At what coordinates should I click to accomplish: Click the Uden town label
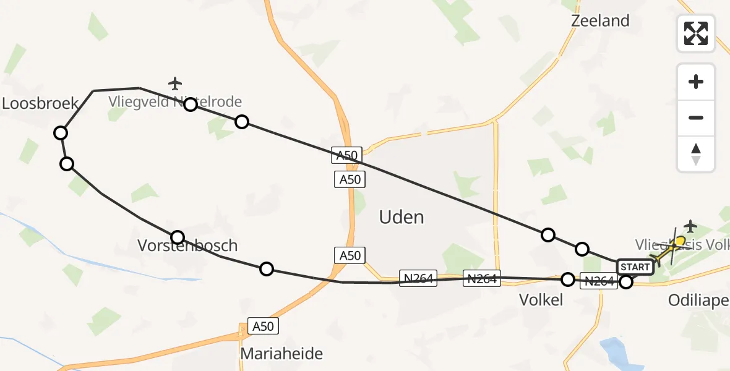coord(401,217)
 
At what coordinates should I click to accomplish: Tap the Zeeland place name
coord(600,20)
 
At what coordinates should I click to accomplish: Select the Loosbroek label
coord(40,103)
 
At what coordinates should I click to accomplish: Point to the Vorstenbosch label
coord(187,245)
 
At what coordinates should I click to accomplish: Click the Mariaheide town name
coord(281,354)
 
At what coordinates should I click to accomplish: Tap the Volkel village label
coord(541,301)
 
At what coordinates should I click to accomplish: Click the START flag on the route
coord(635,267)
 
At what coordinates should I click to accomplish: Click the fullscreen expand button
coord(696,33)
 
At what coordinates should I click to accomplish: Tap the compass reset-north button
coord(696,154)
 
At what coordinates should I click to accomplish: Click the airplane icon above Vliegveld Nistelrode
coord(176,83)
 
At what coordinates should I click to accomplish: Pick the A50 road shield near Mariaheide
coord(263,326)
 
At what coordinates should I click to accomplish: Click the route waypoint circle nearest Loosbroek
coord(61,132)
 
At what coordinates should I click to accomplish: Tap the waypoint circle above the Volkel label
coord(567,279)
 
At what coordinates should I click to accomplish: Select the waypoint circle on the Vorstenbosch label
coord(178,237)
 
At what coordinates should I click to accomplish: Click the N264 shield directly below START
coord(598,281)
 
